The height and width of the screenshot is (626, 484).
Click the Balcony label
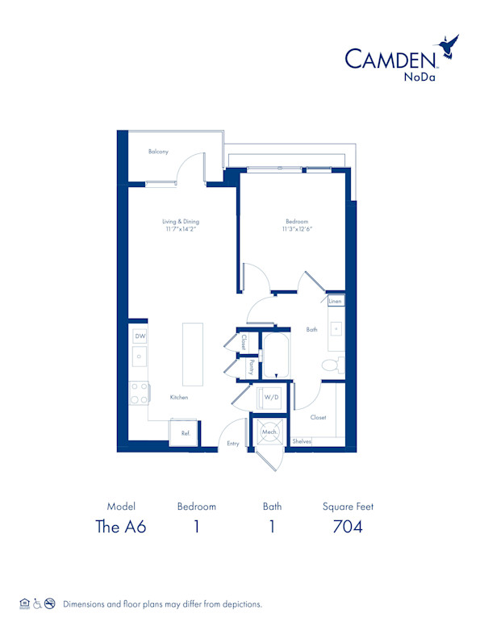coord(158,152)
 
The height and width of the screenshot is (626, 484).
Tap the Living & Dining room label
coord(180,222)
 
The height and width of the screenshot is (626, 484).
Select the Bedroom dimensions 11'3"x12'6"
coord(297,229)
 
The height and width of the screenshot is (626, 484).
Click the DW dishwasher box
coord(140,336)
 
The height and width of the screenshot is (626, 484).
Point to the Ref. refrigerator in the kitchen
coord(185,433)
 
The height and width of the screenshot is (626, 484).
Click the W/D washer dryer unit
coord(270,398)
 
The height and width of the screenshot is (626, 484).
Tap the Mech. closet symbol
coord(269,432)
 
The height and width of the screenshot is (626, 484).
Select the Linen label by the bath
coord(336,301)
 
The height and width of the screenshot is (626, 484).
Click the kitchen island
coord(192,353)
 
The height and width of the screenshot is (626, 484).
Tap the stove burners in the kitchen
coord(140,393)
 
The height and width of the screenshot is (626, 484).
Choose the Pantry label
coord(251,367)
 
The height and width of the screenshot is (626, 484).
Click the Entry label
coord(232,443)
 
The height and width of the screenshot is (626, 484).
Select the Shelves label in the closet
coord(302,441)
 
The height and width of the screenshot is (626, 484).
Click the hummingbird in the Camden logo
coord(447,46)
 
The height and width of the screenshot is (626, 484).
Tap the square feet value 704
coord(348,527)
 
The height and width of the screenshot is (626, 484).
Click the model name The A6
coord(121,527)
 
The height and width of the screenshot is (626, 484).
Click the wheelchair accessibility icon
coord(37,603)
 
